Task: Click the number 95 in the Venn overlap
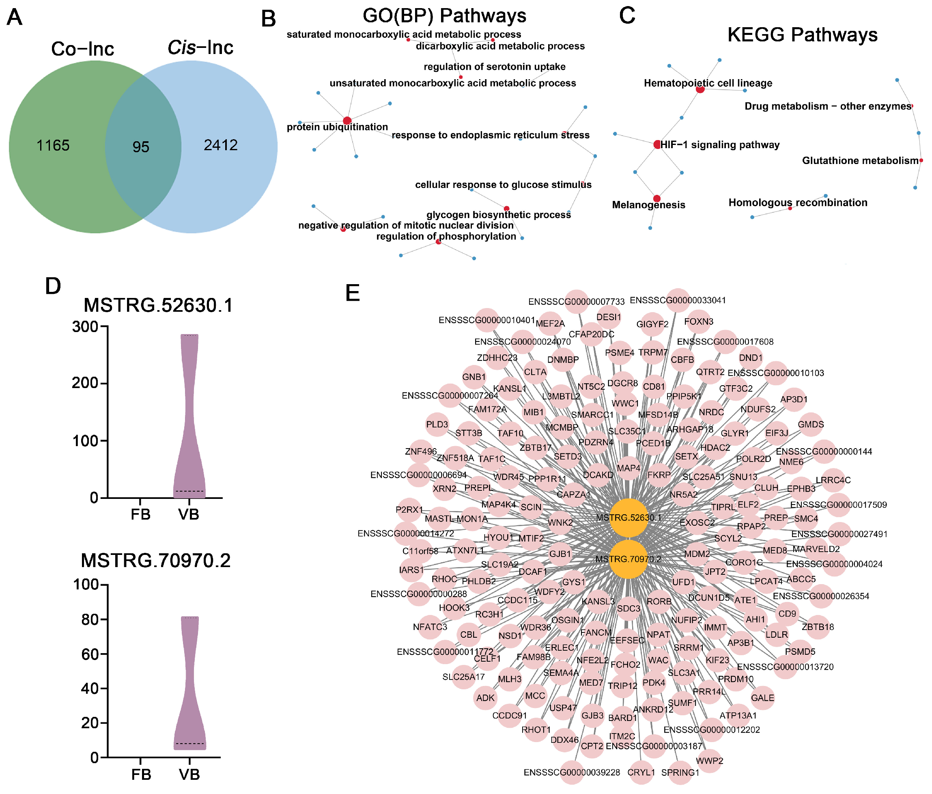141,147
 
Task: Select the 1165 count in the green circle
53,145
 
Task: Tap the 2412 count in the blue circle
220,145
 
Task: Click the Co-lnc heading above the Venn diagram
83,49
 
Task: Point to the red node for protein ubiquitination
347,121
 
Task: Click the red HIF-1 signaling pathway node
657,145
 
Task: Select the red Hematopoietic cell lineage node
700,89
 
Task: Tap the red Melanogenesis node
657,198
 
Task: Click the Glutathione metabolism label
860,161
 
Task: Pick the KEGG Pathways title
802,35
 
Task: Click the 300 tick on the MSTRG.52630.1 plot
85,326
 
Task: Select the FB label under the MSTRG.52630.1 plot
140,514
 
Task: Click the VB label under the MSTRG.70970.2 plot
189,774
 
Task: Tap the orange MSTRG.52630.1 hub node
629,518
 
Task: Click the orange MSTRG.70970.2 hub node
629,559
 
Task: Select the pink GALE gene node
762,698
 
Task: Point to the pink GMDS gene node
811,425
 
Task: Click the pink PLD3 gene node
437,425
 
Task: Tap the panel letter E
353,293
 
